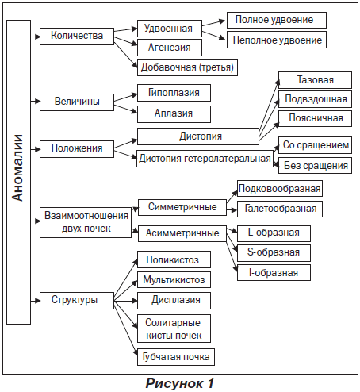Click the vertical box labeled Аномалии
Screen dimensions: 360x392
click(18, 172)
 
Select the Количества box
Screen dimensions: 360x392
click(77, 37)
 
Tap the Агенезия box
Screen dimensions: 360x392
click(170, 48)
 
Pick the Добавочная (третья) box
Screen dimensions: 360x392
click(187, 67)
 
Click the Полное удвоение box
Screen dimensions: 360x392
click(277, 20)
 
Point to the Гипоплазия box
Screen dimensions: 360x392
click(174, 93)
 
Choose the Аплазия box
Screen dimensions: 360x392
click(174, 114)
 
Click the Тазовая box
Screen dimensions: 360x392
click(315, 80)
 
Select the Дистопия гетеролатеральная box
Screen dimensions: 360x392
click(205, 159)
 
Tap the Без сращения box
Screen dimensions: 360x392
click(315, 166)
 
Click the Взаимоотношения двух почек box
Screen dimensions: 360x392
click(86, 222)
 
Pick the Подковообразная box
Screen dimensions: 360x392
click(280, 189)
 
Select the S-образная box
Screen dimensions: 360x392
click(274, 253)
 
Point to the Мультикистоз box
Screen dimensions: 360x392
click(174, 280)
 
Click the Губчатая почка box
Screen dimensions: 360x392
click(176, 357)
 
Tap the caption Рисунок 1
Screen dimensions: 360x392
click(180, 383)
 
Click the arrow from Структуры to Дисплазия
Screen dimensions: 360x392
click(126, 301)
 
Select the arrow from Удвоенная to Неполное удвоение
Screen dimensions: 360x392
click(213, 36)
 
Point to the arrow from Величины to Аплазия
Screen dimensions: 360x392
click(126, 109)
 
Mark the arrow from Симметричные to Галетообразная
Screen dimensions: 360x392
click(232, 210)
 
